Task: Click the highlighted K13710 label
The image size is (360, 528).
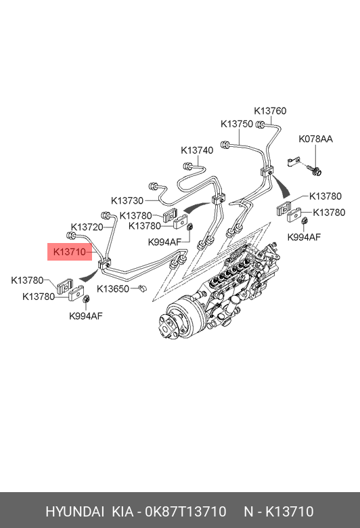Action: [70, 252]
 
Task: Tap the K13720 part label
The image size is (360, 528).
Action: [87, 227]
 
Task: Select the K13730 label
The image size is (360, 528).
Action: [127, 200]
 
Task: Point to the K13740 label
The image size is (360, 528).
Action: [197, 150]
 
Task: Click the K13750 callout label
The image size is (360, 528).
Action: [237, 124]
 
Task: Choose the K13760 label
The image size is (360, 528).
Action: [270, 111]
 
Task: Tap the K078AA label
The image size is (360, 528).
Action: [315, 139]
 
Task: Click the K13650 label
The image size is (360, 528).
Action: [113, 289]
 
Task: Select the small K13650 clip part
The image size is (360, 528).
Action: [143, 288]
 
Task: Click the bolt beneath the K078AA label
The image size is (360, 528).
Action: [315, 170]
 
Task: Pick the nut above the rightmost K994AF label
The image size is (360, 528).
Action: [304, 221]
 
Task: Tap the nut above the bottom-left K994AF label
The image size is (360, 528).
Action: [86, 299]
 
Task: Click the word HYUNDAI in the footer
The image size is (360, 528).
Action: [74, 512]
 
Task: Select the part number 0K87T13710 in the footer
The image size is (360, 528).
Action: [185, 512]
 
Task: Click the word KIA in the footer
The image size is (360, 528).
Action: [122, 512]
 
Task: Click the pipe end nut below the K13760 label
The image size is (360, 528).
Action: [260, 125]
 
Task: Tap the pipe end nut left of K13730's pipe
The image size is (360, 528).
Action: [152, 185]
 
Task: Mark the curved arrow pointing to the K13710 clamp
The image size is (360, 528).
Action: [88, 275]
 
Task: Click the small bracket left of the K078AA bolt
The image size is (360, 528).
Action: [293, 161]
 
